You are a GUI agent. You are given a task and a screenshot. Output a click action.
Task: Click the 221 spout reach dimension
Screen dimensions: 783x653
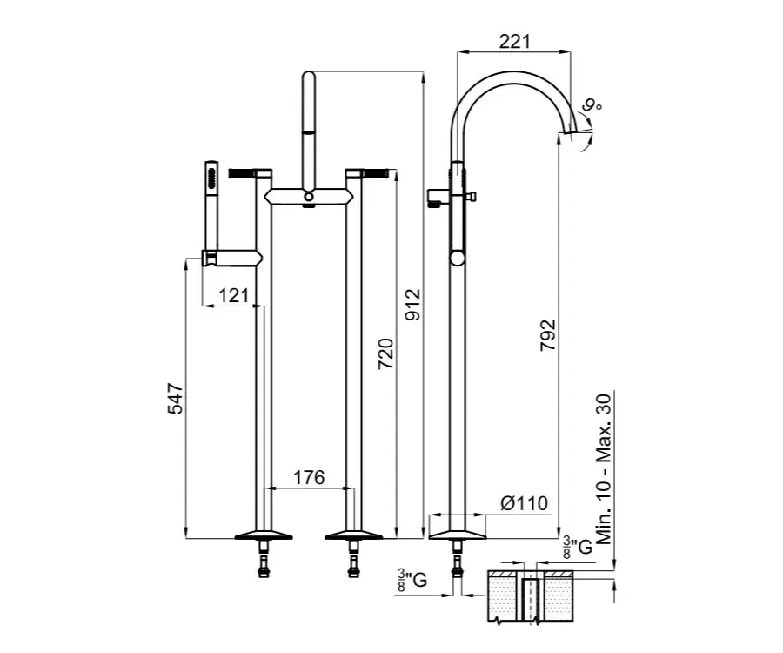tap(515, 41)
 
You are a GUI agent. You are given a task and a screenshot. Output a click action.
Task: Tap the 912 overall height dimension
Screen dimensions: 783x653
tap(413, 304)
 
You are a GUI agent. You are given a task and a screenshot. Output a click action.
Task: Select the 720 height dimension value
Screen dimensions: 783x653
tap(385, 353)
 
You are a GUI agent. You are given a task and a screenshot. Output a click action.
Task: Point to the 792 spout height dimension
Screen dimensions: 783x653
tap(548, 334)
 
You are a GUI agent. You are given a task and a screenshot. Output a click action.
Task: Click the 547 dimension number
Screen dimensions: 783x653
tap(175, 399)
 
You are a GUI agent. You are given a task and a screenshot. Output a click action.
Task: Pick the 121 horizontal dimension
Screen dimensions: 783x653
tap(234, 296)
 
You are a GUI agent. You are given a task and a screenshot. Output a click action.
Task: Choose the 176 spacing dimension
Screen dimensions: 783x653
tap(309, 478)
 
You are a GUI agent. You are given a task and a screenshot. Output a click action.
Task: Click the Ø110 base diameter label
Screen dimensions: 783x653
tap(524, 503)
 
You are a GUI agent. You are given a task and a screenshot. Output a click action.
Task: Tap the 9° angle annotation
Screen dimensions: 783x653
tap(592, 105)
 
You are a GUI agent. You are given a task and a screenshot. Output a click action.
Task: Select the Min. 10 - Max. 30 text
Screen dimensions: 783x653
tap(603, 469)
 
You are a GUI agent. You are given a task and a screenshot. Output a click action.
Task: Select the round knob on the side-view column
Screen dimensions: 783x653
tap(458, 258)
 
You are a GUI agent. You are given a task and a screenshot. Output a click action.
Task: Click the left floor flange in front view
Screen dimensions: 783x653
tap(263, 535)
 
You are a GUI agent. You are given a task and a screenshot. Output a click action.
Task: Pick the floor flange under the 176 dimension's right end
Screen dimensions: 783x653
tap(353, 535)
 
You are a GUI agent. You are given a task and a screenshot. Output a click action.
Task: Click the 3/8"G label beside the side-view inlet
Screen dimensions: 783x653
tap(412, 580)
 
